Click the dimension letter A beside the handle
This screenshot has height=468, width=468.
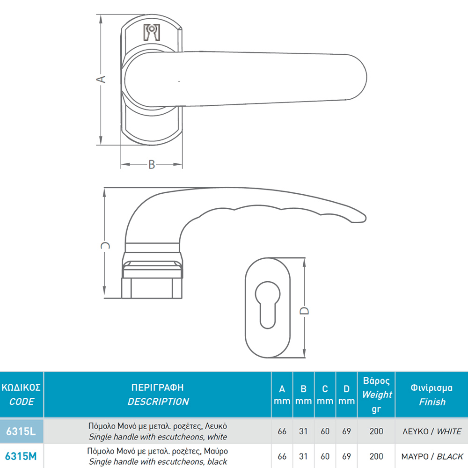point(101,79)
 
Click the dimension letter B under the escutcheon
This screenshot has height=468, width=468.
point(152,164)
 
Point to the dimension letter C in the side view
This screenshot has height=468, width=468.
point(105,245)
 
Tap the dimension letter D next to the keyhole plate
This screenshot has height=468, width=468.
point(304,311)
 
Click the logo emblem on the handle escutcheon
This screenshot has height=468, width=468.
point(152,32)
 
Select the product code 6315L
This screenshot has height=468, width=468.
point(21,431)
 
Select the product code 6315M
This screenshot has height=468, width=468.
point(21,456)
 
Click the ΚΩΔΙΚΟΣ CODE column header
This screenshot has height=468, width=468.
point(21,394)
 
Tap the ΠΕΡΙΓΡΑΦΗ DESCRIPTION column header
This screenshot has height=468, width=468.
point(158,394)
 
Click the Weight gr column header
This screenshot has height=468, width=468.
point(376,395)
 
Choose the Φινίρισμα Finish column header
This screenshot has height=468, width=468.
point(431,395)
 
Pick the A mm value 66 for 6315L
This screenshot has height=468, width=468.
point(282,431)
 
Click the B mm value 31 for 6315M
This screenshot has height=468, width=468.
point(303,456)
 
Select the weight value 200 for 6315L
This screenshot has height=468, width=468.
point(376,431)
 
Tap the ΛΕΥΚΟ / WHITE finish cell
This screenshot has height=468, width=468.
point(432,431)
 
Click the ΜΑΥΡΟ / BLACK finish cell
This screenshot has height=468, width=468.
point(432,456)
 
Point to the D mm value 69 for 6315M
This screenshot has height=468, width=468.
point(346,456)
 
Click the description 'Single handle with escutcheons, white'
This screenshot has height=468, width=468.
point(158,437)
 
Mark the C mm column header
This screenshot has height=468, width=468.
point(325,395)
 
